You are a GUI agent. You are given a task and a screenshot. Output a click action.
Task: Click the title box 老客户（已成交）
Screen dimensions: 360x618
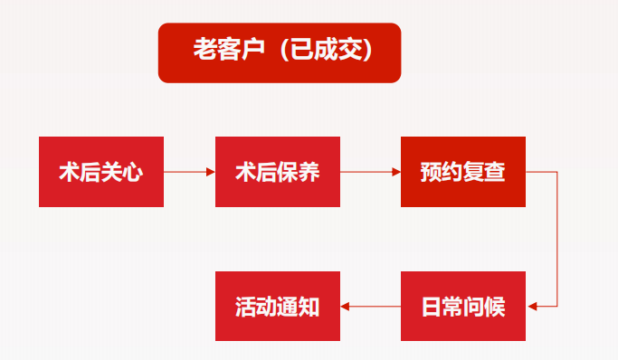pyautogui.click(x=279, y=52)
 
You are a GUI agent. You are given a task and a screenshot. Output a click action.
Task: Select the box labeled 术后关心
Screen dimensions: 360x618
pyautogui.click(x=101, y=172)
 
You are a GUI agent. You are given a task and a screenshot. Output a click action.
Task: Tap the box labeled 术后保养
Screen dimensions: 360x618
pyautogui.click(x=277, y=172)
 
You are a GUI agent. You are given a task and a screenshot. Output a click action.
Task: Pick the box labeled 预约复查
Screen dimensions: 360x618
pyautogui.click(x=462, y=172)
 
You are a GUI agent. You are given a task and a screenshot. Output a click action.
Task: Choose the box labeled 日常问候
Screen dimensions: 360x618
pyautogui.click(x=462, y=306)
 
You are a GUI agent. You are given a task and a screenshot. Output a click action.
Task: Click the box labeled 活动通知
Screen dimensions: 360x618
pyautogui.click(x=277, y=306)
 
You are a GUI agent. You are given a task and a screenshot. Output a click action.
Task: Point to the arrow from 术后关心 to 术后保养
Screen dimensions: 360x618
pyautogui.click(x=189, y=172)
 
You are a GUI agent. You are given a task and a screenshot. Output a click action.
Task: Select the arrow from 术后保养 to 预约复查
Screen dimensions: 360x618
pyautogui.click(x=370, y=172)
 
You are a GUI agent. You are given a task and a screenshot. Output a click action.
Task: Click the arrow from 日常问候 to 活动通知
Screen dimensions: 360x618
pyautogui.click(x=370, y=306)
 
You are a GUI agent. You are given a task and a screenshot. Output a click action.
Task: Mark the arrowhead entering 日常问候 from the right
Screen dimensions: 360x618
pyautogui.click(x=531, y=306)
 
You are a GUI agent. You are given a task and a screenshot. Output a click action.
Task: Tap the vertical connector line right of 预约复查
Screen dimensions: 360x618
pyautogui.click(x=556, y=239)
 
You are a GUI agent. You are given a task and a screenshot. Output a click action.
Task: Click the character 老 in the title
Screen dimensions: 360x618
pyautogui.click(x=204, y=52)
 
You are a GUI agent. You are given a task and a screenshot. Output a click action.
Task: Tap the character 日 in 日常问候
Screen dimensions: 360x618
pyautogui.click(x=432, y=307)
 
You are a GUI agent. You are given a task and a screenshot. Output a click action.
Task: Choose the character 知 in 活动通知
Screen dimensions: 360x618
pyautogui.click(x=309, y=307)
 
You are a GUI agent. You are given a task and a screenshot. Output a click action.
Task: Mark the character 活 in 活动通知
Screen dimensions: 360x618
pyautogui.click(x=245, y=307)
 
